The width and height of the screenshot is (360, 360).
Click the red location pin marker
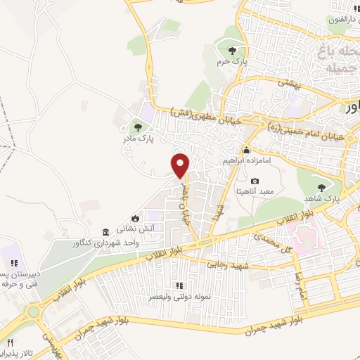point(181,165)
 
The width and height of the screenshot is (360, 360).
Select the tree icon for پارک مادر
point(138,128)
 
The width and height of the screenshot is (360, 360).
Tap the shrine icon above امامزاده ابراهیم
point(246,151)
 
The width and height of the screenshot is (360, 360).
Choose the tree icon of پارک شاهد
point(321,187)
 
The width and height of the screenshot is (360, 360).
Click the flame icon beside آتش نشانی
point(135,219)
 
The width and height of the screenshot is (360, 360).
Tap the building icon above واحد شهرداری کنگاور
point(105,232)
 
